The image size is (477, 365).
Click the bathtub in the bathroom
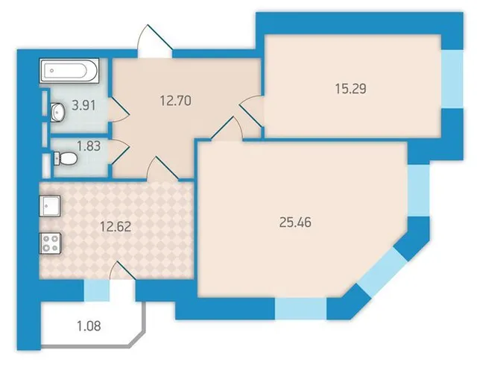click(69, 71)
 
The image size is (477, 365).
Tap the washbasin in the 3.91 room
click(57, 112)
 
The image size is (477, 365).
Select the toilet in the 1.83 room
click(66, 159)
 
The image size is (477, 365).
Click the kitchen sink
click(50, 206)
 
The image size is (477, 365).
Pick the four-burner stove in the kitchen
click(50, 243)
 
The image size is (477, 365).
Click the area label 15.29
click(351, 89)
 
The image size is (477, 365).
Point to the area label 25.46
click(295, 222)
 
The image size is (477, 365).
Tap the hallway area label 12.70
click(176, 101)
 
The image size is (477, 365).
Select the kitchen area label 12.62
click(116, 226)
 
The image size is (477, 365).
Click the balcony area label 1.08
click(89, 326)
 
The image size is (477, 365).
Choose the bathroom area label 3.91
click(83, 105)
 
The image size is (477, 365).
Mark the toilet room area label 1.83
click(89, 146)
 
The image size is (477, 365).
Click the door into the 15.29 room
click(250, 111)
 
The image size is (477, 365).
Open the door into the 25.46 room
click(227, 128)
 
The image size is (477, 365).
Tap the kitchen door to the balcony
click(122, 271)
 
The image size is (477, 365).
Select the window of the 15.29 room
click(452, 79)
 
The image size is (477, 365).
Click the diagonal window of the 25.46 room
click(382, 272)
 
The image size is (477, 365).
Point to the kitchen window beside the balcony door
click(96, 291)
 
